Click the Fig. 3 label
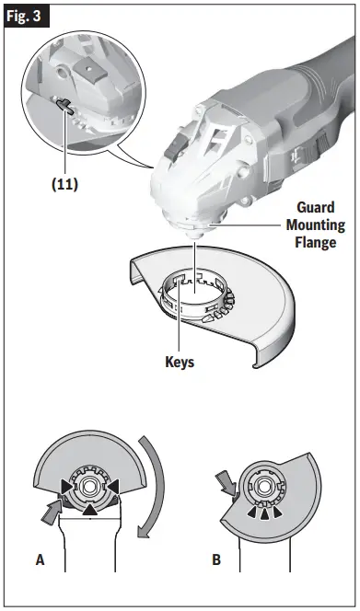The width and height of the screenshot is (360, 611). click(x=26, y=17)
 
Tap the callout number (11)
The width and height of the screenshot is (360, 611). click(x=64, y=183)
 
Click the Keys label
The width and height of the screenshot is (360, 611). click(x=178, y=362)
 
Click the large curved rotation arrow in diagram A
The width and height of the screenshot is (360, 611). click(x=157, y=487)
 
